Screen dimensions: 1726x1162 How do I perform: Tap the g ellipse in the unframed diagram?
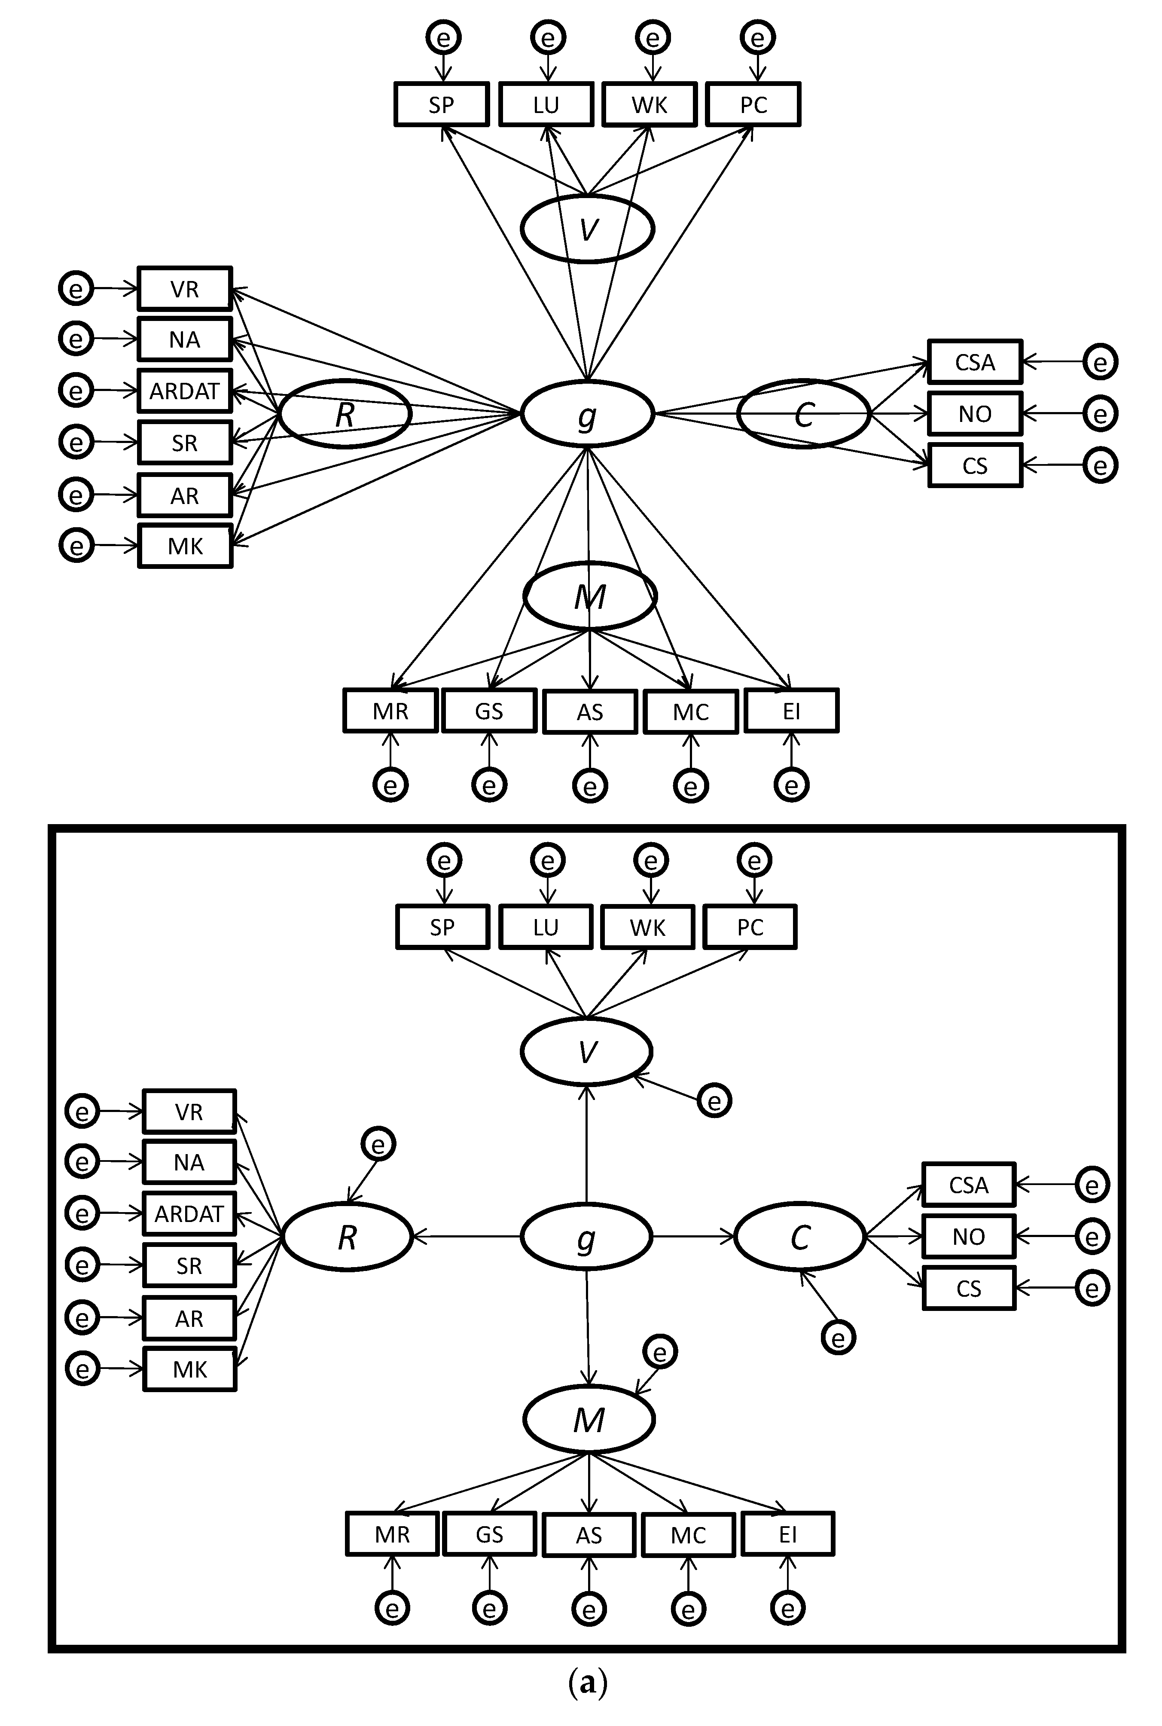[587, 413]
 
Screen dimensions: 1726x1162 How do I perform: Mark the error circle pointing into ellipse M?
[659, 1353]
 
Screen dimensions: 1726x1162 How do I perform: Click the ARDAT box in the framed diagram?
[189, 1214]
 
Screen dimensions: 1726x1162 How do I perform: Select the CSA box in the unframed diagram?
[975, 362]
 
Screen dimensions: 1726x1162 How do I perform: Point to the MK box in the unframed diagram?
[185, 546]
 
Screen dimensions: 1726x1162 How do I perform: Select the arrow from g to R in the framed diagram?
[467, 1236]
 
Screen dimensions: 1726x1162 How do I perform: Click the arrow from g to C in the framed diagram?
[693, 1236]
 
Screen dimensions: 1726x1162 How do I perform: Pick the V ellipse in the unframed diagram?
[587, 229]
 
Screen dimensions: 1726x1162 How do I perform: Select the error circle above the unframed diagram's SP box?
[443, 37]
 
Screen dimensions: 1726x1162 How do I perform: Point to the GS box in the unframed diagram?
[489, 712]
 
